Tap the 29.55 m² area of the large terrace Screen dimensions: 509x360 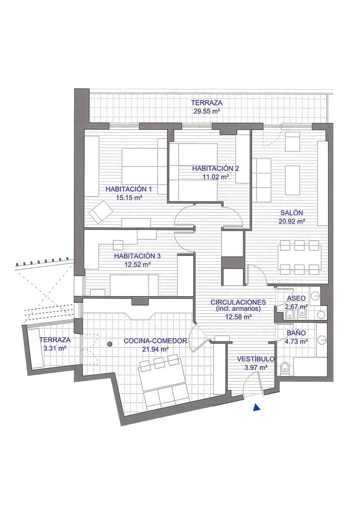[x=206, y=112]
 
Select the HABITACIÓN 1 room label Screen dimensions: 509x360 [x=129, y=189]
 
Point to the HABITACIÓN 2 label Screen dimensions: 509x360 [x=215, y=168]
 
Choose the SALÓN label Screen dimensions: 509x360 [x=292, y=213]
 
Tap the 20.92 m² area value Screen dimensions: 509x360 [x=292, y=221]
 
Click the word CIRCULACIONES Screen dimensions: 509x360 [x=238, y=302]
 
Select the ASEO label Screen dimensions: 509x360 [x=296, y=298]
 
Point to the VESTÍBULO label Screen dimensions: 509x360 [x=256, y=359]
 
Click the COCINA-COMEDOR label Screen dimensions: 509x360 [x=155, y=341]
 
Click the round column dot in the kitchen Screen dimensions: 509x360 [x=110, y=344]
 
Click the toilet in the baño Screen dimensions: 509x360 [x=285, y=368]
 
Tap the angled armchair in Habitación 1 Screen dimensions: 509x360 [x=100, y=211]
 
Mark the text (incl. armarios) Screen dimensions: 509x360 [x=238, y=309]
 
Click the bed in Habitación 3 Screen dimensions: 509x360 [x=134, y=285]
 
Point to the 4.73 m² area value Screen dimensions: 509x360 [x=296, y=341]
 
